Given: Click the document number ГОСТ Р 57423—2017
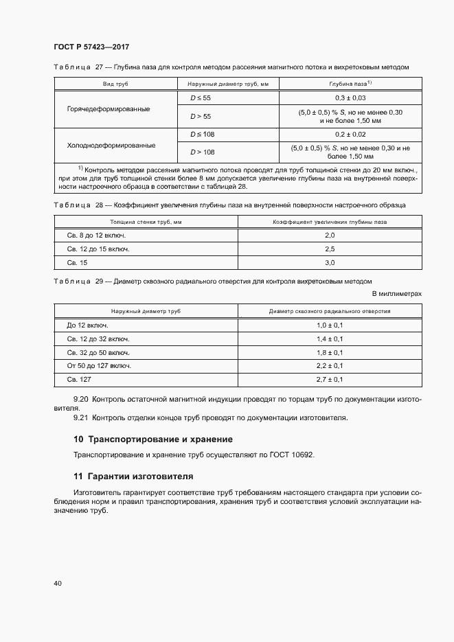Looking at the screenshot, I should coord(91,47).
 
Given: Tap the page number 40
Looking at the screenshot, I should coord(58,583).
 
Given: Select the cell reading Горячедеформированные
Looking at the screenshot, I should coord(109,110).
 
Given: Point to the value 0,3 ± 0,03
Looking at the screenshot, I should coord(350,98).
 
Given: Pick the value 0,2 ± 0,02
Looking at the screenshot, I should coord(350,134).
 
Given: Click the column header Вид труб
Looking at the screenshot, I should coord(115,83).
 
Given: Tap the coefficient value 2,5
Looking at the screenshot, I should coord(329,249).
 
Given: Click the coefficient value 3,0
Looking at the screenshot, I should coord(329,263).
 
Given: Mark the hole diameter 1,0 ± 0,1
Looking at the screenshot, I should coord(329,325).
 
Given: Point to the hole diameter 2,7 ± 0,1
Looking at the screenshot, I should coord(329,379).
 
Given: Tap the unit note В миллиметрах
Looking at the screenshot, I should coord(396,294).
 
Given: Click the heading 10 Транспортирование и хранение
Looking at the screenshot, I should coord(152,439).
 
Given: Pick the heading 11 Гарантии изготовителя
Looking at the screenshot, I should coord(133,476).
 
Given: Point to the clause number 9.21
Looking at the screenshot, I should coord(81,417).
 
